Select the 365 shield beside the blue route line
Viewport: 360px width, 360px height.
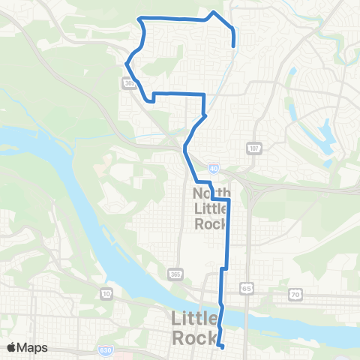[130, 84]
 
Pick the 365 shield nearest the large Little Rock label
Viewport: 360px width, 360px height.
[175, 271]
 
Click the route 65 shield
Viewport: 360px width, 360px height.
[246, 287]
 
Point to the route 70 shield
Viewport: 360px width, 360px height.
[295, 295]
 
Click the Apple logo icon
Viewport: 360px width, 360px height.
[12, 347]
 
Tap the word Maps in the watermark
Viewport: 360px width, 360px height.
[32, 347]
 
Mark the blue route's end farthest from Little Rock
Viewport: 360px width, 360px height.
[234, 45]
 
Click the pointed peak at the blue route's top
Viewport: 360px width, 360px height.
[215, 13]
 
